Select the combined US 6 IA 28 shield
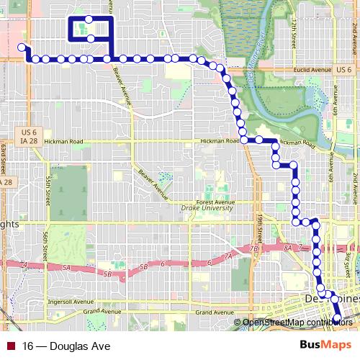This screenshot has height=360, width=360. tap(30, 137)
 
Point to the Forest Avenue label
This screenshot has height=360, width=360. tap(219, 202)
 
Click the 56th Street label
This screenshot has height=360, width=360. tap(45, 245)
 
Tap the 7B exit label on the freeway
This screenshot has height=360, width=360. tap(253, 248)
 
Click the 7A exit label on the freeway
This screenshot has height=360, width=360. tap(230, 256)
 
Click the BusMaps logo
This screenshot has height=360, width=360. tap(325, 346)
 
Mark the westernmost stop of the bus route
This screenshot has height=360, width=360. tap(22, 48)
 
